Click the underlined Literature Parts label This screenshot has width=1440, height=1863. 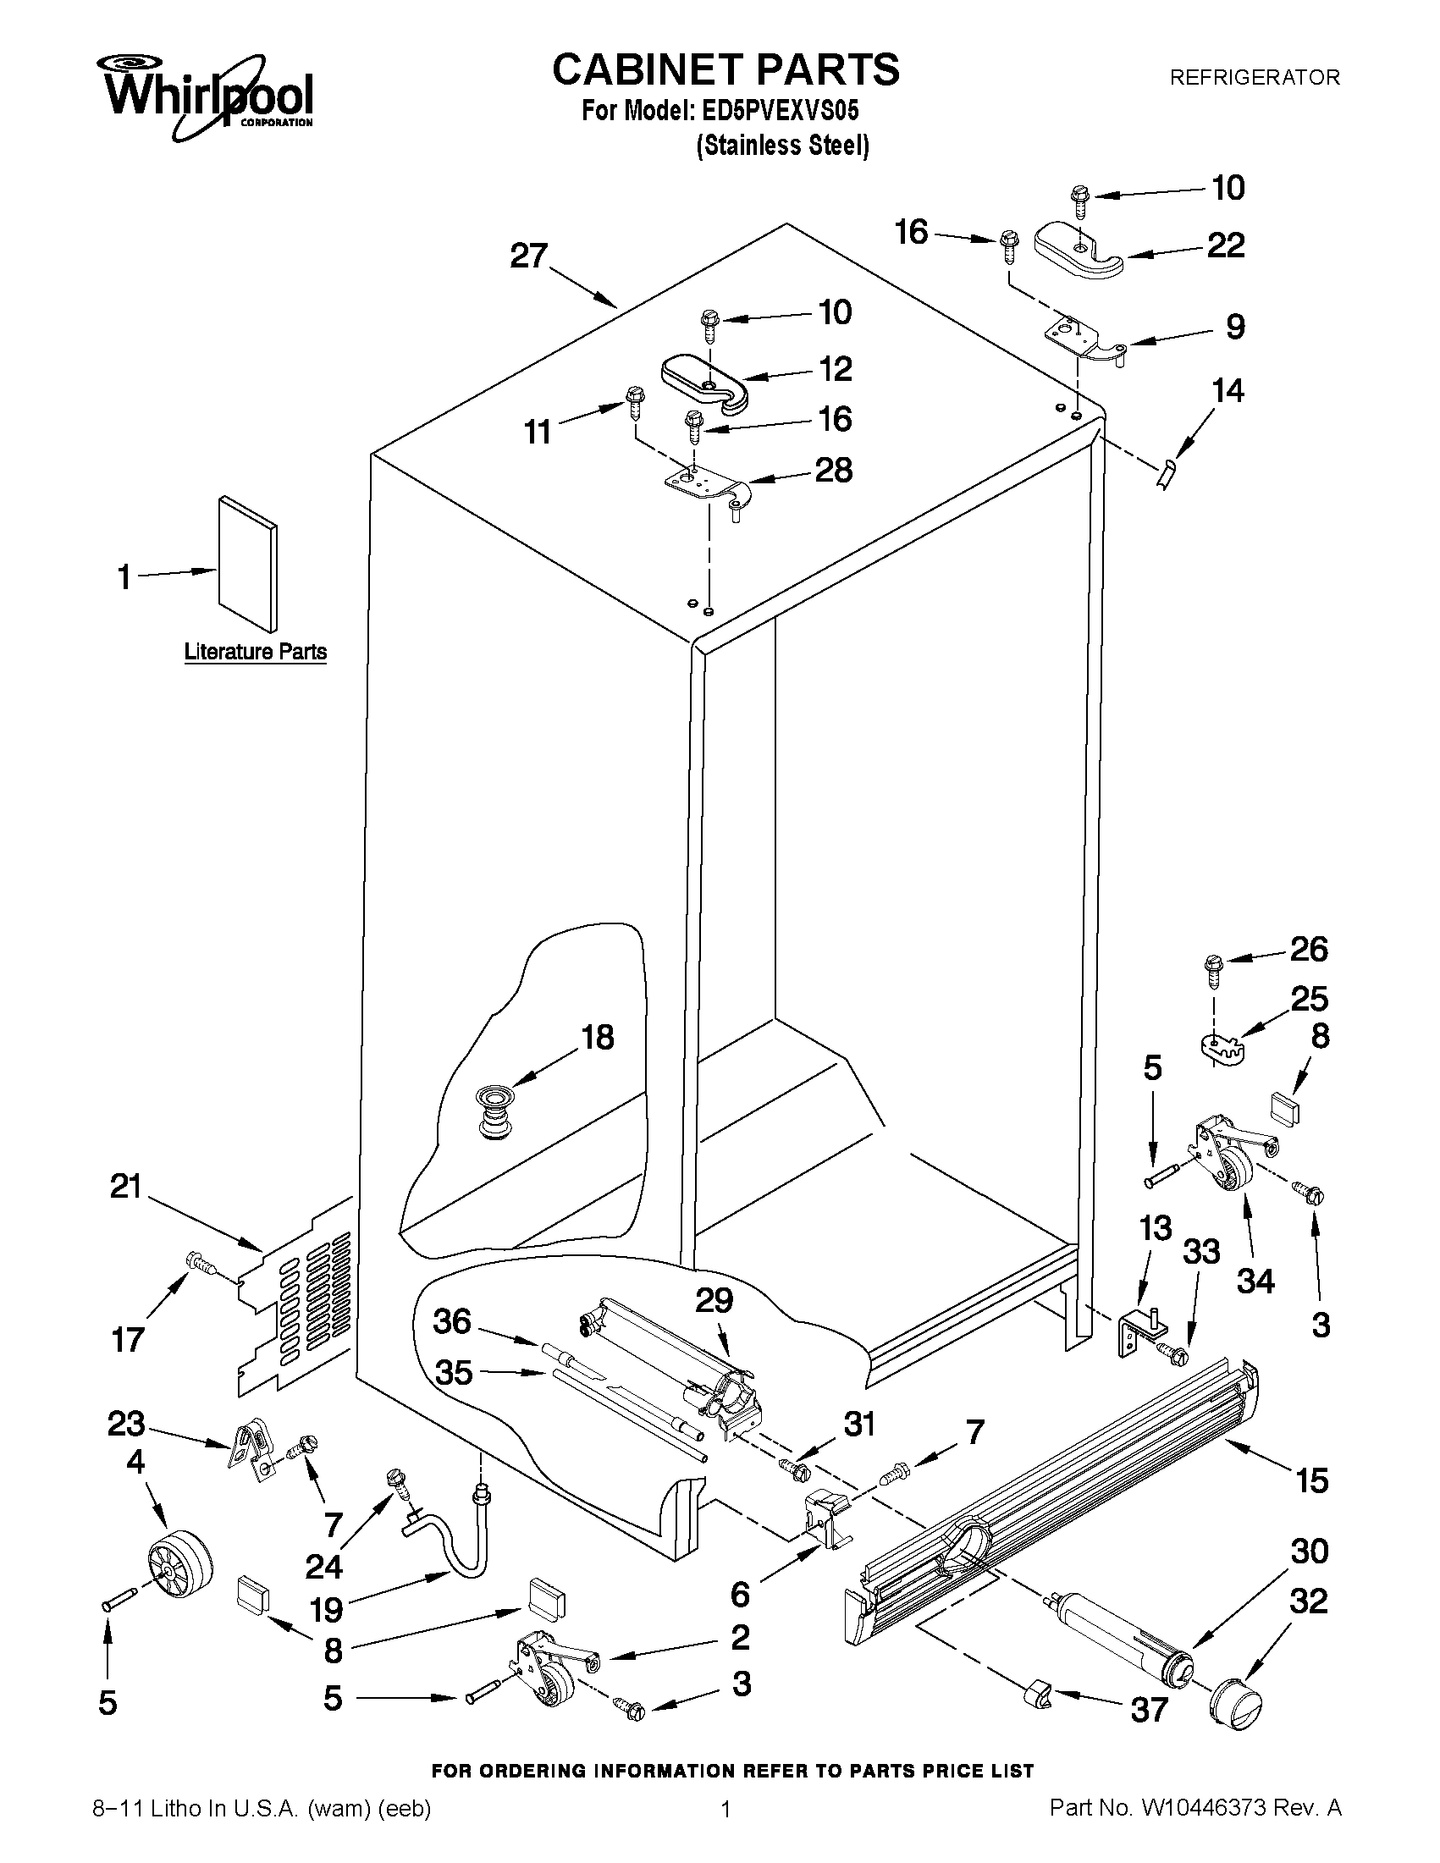click(x=255, y=652)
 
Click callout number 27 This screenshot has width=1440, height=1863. click(x=528, y=256)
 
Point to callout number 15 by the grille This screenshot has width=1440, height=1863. click(x=1311, y=1480)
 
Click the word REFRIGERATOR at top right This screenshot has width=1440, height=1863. click(x=1253, y=78)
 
